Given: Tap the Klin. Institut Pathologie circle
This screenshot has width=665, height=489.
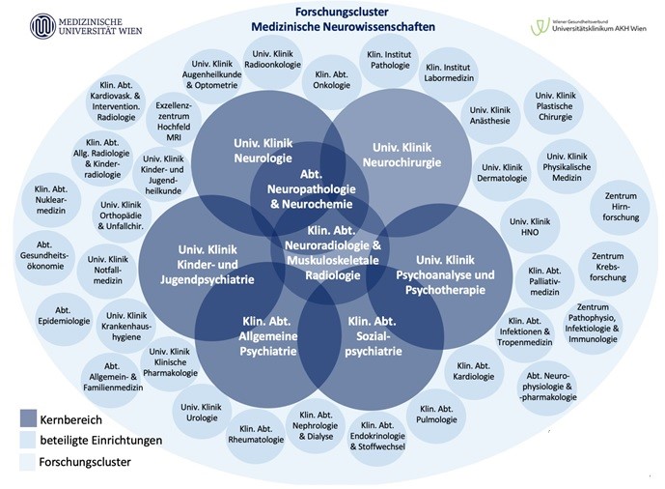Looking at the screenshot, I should pyautogui.click(x=389, y=60).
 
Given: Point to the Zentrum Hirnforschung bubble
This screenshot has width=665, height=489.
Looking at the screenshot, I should pyautogui.click(x=620, y=206).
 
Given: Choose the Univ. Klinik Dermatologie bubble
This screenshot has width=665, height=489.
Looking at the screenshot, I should pyautogui.click(x=503, y=171).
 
